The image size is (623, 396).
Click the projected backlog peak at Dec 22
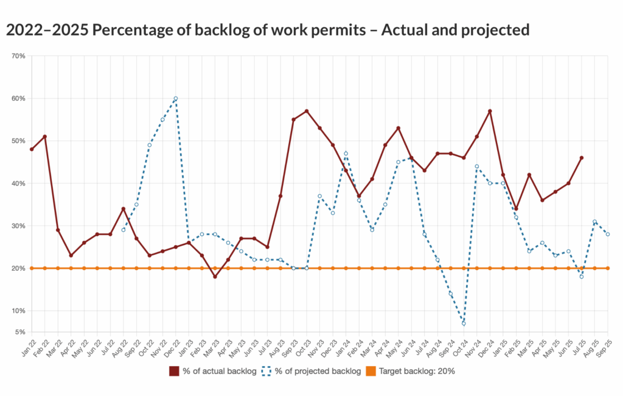176,99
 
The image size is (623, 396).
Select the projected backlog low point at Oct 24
464,324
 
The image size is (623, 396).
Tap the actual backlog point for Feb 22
44,137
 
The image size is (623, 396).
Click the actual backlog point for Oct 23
307,111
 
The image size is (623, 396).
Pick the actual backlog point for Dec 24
490,111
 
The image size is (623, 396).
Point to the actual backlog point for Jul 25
582,158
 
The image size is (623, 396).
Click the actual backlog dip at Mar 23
215,277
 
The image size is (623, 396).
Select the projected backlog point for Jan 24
346,153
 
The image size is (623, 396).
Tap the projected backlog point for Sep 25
608,234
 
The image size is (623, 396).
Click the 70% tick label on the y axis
18,56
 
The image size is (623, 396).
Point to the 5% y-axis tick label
20,332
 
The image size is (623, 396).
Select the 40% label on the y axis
18,184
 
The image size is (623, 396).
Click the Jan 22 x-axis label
26,350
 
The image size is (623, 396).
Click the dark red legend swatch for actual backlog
174,370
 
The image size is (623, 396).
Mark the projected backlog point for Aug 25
595,222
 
